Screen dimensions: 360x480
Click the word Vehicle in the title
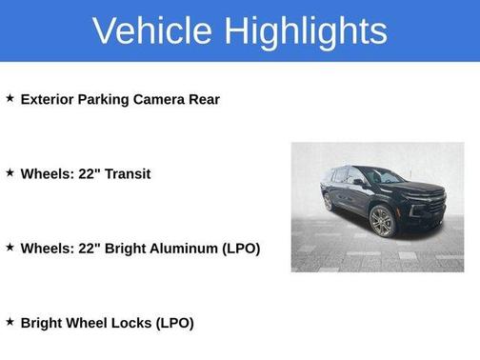153,30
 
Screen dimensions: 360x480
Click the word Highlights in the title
306,30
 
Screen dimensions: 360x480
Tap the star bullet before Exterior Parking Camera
10,98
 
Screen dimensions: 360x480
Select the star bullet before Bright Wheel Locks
10,322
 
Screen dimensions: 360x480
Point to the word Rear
203,99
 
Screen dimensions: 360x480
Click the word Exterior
50,99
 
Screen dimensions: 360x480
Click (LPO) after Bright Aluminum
241,249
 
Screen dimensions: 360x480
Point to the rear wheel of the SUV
329,202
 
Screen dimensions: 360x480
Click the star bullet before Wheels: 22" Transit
10,172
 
